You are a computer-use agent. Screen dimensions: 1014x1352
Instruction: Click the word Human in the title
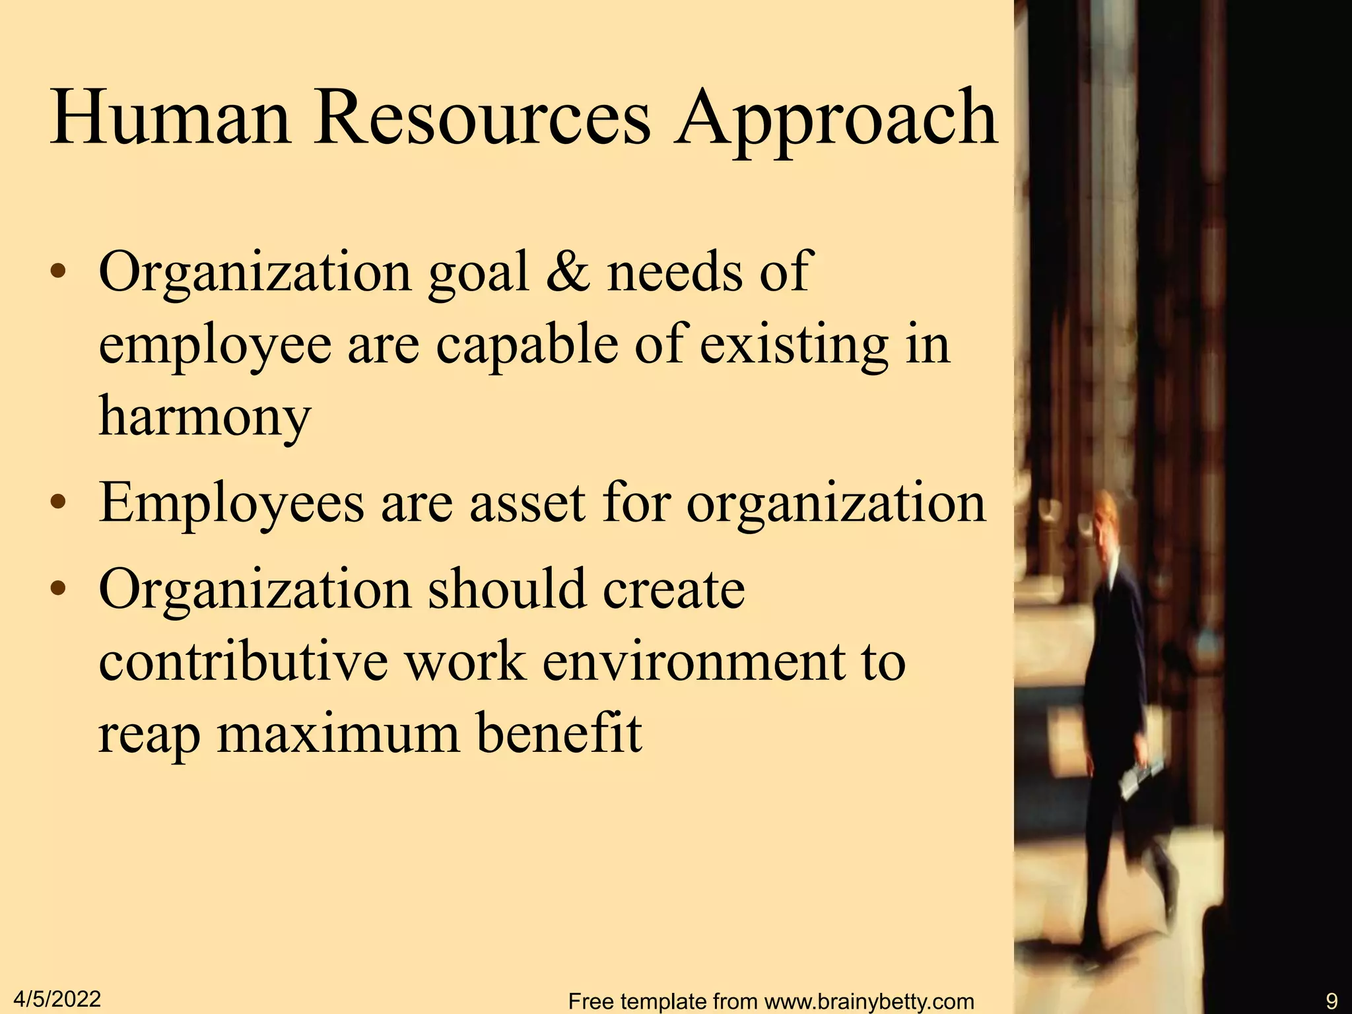(x=170, y=119)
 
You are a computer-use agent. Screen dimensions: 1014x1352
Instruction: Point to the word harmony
(x=205, y=417)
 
